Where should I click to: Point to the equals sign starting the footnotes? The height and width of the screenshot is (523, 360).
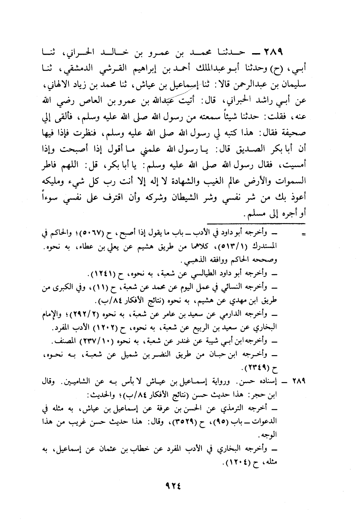(x=303, y=235)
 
